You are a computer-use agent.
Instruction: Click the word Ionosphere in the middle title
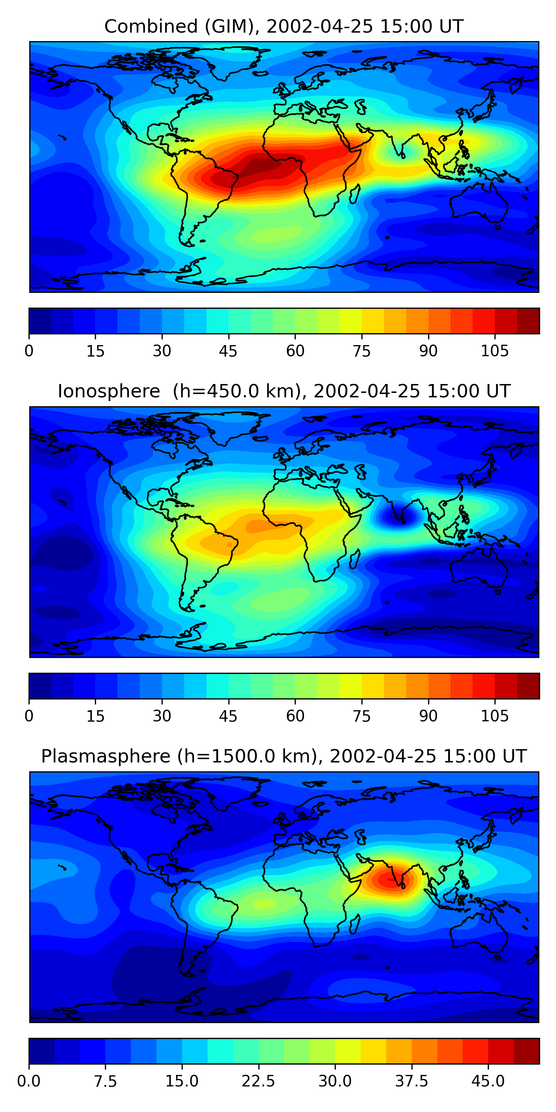click(109, 391)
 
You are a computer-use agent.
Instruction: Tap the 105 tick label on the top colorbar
click(495, 351)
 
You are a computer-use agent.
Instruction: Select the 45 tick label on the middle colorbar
click(228, 716)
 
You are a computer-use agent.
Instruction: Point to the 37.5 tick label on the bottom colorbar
click(411, 1081)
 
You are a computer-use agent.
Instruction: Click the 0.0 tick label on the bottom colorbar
click(29, 1081)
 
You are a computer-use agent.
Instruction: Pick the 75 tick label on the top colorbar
click(362, 351)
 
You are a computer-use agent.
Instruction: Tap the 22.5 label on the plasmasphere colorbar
click(258, 1081)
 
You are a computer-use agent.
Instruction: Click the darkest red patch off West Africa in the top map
click(261, 166)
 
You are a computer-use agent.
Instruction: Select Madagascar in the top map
click(354, 194)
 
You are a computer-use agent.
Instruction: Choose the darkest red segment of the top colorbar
click(528, 321)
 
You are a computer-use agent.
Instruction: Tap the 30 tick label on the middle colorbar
click(162, 716)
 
